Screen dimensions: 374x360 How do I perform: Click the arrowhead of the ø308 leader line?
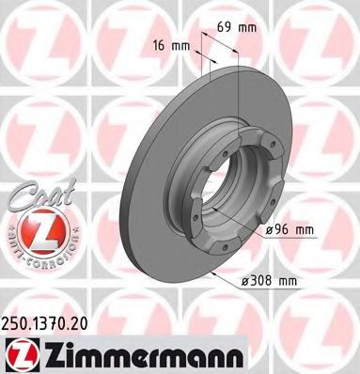click(215, 272)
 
